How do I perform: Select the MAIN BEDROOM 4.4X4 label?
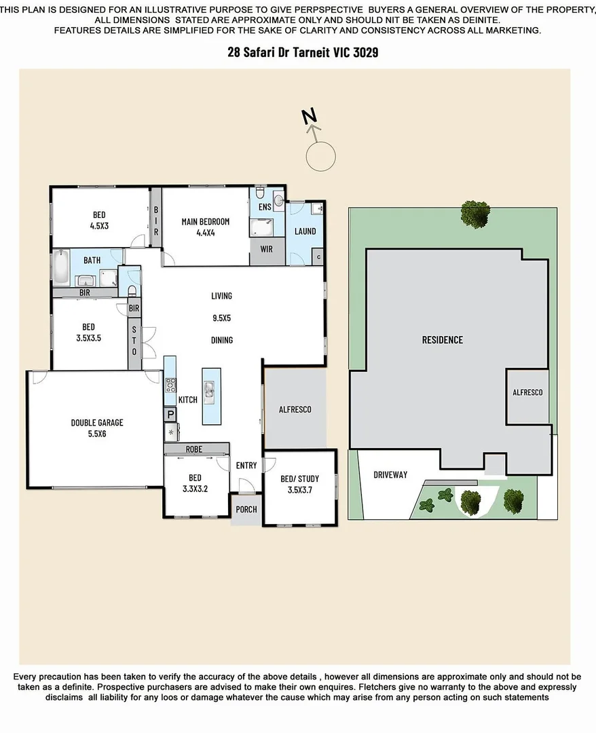coord(205,227)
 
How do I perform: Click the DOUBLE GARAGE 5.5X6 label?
coord(97,428)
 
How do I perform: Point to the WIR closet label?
coord(266,249)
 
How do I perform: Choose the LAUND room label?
coord(305,231)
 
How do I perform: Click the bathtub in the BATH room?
coord(60,268)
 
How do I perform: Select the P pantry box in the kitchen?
coord(170,414)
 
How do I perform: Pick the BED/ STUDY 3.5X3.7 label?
coord(299,483)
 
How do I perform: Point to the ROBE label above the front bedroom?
coord(195,449)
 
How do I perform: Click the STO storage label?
coord(134,342)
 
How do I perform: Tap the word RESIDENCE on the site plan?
coord(442,340)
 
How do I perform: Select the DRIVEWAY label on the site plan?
coord(390,474)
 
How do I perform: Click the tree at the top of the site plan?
coord(473,215)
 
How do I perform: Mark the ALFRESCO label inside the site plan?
coord(527,393)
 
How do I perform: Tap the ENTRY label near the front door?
coord(246,466)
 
